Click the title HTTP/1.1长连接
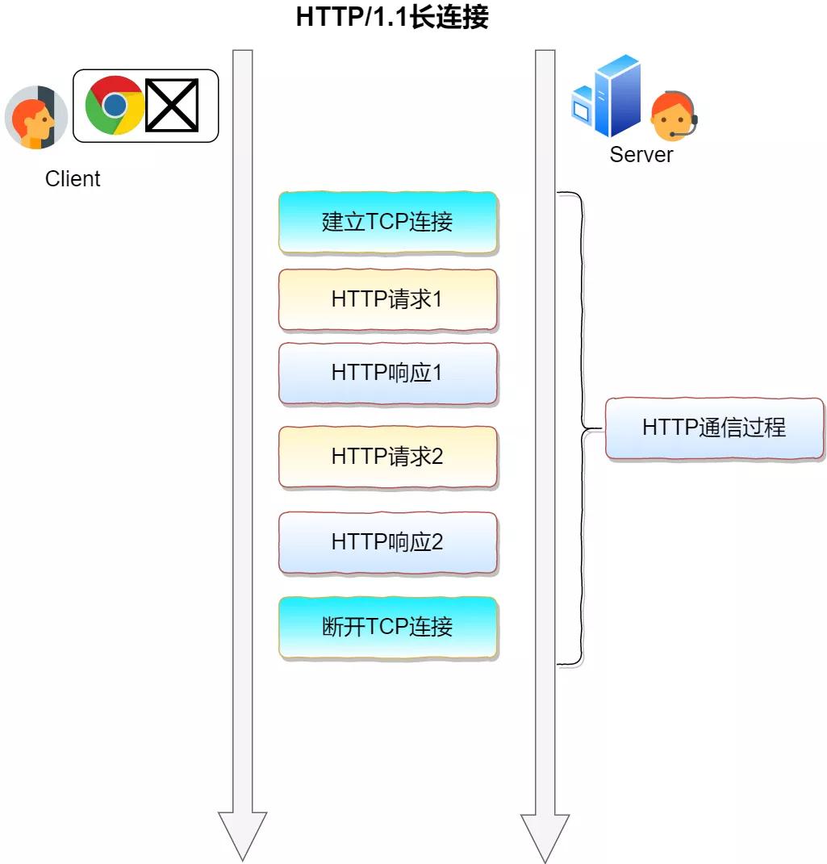point(392,17)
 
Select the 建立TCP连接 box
point(388,223)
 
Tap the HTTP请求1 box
point(388,300)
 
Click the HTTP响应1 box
point(388,374)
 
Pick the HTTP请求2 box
point(388,457)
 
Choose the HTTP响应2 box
point(388,542)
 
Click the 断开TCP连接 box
point(388,628)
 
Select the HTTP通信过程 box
point(714,428)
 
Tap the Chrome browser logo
point(115,106)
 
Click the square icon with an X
point(172,106)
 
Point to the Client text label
point(73,179)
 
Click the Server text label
point(641,155)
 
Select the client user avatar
point(36,118)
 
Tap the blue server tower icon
point(607,97)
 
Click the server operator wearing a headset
point(673,118)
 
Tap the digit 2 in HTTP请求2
point(437,457)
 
